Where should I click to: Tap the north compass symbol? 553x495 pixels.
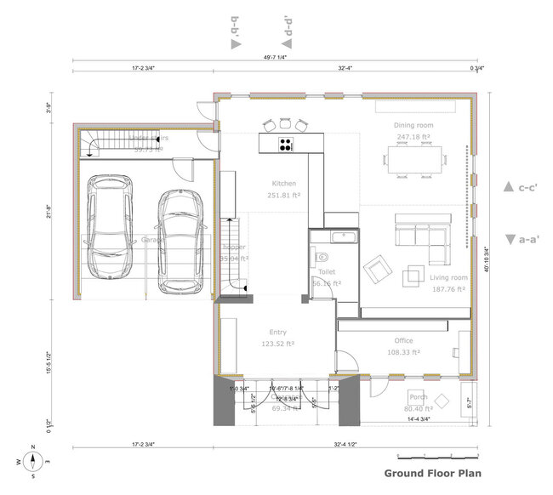33,461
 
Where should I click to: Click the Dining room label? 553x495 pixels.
413,125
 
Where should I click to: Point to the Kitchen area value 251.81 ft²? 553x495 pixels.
283,196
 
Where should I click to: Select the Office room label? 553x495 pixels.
403,340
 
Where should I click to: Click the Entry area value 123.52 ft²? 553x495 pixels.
277,344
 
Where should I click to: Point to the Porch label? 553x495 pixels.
418,396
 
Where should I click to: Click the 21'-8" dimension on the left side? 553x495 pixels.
49,213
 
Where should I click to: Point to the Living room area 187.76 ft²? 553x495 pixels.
448,289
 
